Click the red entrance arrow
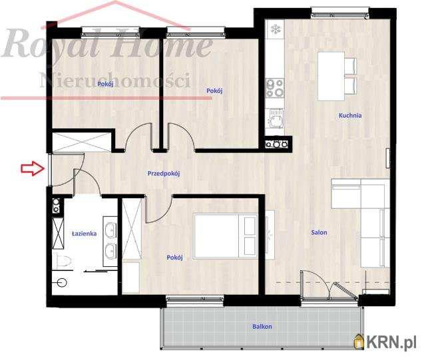coord(33,168)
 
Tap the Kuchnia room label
coord(350,116)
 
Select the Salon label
coord(319,233)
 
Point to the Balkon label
coord(262,326)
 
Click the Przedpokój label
coord(164,173)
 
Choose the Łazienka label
coord(85,234)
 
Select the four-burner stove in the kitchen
coord(275,88)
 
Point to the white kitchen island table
coord(331,77)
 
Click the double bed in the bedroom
coord(226,236)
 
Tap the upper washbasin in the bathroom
coord(110,228)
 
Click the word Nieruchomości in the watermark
coord(115,81)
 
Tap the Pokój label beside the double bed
coord(174,258)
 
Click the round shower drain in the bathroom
coord(62,283)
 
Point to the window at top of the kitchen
coord(340,13)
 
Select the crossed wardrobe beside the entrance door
coord(81,142)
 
